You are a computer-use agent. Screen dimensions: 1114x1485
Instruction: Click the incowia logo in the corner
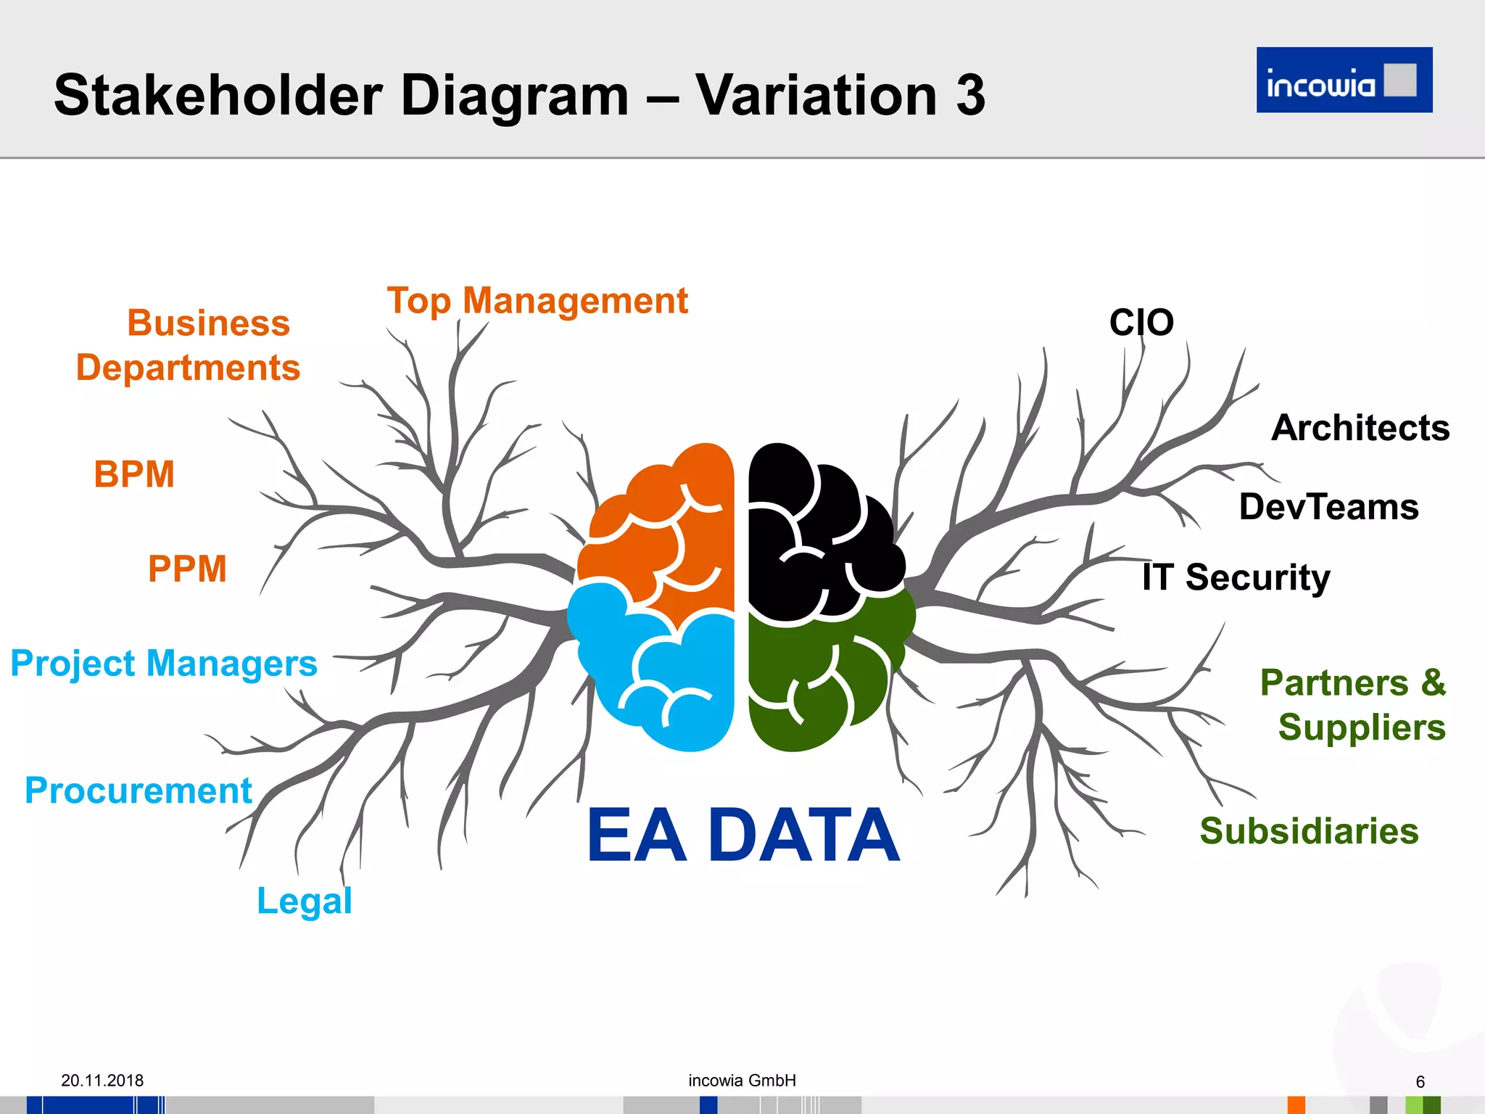point(1344,80)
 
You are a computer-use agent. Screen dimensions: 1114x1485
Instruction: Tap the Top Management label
point(537,301)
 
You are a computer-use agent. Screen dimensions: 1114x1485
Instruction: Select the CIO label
point(1141,322)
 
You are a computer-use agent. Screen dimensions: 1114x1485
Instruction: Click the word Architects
point(1360,428)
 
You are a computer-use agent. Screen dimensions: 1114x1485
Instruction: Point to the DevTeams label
point(1328,507)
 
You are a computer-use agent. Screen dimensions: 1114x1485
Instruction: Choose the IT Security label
point(1236,578)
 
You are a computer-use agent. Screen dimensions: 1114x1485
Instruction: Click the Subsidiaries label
point(1309,831)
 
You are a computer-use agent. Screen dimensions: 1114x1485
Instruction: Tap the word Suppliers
point(1362,727)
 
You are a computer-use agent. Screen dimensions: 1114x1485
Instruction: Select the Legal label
point(305,901)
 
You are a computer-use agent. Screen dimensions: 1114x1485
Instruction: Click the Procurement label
point(138,791)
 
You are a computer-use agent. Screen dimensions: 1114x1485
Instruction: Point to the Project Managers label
point(164,664)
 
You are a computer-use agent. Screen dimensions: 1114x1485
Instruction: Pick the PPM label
point(187,569)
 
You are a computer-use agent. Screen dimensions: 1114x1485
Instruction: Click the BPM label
point(134,474)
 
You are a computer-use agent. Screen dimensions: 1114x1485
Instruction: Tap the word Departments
point(188,368)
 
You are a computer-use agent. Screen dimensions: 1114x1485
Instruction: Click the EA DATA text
point(742,836)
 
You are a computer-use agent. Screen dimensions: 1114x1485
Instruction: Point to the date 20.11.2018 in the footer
point(102,1081)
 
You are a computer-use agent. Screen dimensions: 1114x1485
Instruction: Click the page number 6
point(1420,1082)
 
